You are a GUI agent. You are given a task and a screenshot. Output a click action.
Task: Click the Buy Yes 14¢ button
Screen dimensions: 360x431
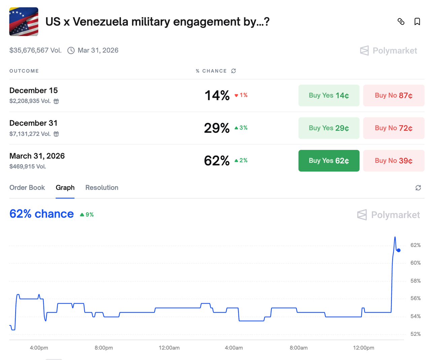(329, 96)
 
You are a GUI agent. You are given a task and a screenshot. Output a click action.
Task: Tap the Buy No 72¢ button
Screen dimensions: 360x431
(393, 128)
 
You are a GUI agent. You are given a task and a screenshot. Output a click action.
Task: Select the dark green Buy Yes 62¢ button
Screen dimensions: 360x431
(329, 161)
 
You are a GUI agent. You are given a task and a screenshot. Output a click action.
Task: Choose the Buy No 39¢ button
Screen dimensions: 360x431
(393, 161)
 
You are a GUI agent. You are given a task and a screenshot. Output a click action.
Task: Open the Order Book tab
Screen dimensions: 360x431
(27, 188)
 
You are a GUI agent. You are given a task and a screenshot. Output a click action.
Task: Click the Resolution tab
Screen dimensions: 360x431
(102, 188)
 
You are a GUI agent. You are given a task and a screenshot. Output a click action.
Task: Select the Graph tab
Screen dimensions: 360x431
(65, 188)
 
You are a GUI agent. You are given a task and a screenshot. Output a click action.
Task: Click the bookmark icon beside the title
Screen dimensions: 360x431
(417, 22)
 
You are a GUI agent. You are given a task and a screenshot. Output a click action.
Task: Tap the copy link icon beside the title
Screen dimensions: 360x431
(401, 22)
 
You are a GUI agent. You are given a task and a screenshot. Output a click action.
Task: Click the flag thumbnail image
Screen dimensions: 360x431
(24, 22)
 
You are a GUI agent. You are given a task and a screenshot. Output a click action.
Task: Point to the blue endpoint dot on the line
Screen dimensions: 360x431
(399, 250)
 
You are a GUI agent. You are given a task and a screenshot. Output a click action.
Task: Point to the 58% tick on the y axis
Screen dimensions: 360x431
(415, 281)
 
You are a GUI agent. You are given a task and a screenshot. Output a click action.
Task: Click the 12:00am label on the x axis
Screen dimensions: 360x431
(169, 348)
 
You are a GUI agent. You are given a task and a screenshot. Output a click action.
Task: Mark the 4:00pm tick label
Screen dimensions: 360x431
(39, 348)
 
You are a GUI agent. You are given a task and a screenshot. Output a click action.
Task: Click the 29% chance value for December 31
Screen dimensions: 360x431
(217, 128)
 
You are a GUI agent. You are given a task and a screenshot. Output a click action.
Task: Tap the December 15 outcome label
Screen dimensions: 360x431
(34, 91)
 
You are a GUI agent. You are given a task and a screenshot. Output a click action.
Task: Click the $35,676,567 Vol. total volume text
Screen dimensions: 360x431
(35, 51)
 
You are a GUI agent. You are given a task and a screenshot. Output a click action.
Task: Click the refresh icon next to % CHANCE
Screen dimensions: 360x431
(233, 71)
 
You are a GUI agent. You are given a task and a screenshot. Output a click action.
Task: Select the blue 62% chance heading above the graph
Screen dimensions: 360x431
(41, 214)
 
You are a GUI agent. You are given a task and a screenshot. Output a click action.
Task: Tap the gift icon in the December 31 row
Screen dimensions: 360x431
(56, 134)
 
